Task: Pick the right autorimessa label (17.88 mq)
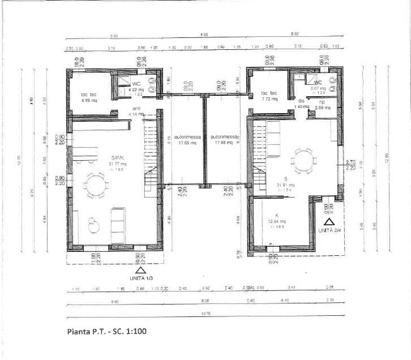222,140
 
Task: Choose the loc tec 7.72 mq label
269,96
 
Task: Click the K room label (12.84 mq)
278,218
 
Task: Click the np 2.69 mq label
323,105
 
